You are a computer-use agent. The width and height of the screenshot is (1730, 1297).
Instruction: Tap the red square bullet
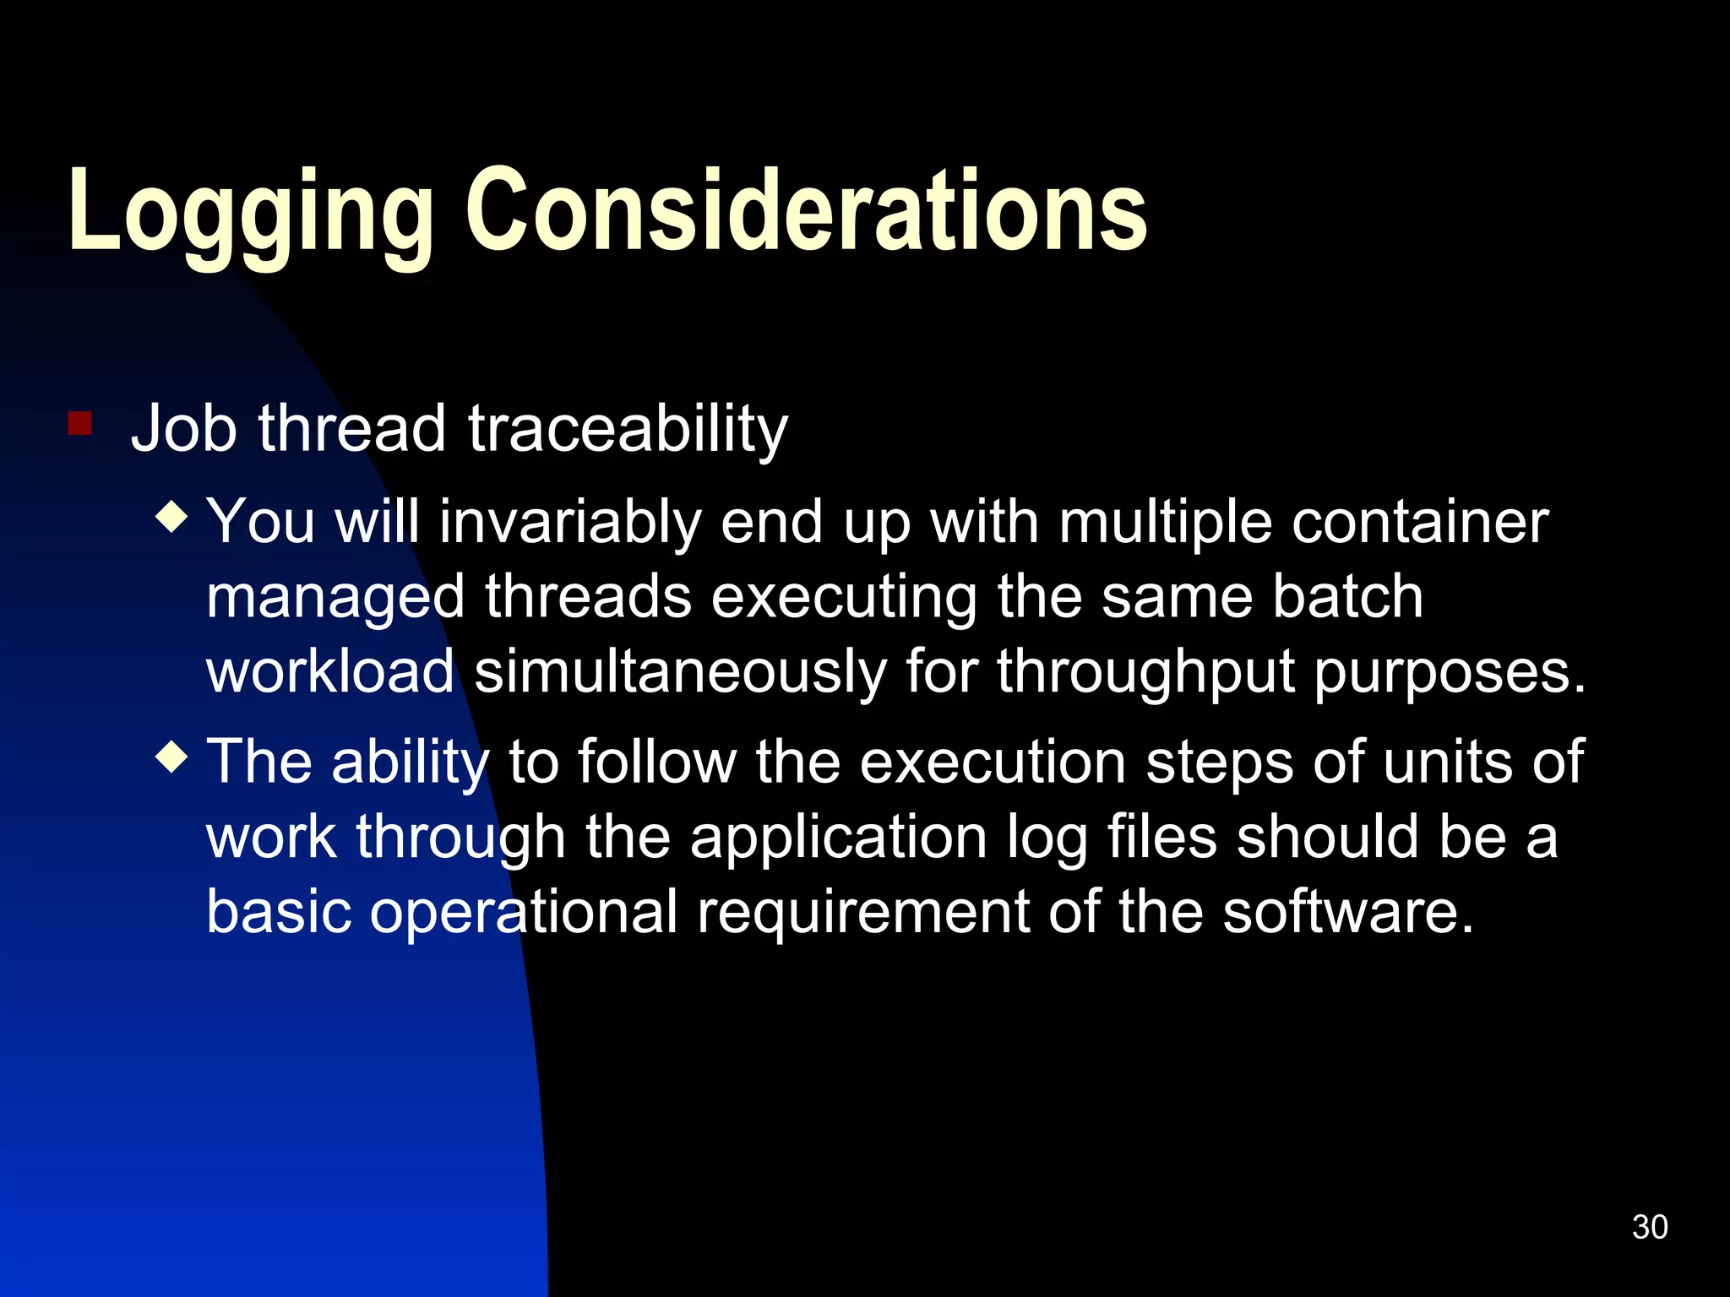(80, 423)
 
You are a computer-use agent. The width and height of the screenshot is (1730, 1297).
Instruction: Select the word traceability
(628, 430)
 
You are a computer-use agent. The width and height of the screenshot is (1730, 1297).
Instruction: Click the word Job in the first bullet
(183, 428)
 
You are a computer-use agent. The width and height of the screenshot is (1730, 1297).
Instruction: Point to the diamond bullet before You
(172, 517)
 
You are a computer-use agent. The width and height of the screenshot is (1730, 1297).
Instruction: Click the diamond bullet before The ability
(172, 757)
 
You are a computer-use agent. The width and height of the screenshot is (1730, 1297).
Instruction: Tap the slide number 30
(1649, 1227)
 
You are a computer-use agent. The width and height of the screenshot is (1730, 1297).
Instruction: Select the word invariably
(570, 523)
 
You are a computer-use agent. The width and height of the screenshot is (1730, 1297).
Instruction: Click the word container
(1420, 521)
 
